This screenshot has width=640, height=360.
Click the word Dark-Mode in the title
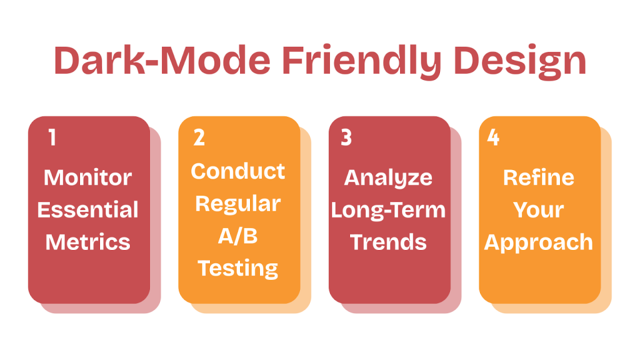(x=162, y=61)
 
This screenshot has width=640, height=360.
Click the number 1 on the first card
(x=52, y=137)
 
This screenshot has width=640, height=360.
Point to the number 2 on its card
(x=199, y=137)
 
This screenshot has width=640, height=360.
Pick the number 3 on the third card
(x=346, y=137)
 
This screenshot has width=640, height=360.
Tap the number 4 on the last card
(x=493, y=137)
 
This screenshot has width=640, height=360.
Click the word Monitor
(x=88, y=177)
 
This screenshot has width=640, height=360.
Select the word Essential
(x=88, y=210)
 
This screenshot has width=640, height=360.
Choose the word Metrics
(x=88, y=242)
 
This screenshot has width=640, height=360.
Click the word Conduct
(x=238, y=171)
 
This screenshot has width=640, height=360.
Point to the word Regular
(x=238, y=204)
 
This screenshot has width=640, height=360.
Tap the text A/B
(x=238, y=236)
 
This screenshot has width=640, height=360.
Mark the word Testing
(x=238, y=268)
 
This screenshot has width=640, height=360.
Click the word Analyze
(x=388, y=177)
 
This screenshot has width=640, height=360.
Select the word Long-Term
(x=388, y=210)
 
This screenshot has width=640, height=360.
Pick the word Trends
(x=388, y=242)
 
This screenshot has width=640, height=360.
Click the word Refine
(x=539, y=177)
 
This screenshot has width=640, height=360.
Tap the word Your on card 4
(x=539, y=210)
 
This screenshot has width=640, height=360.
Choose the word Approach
(x=539, y=242)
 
